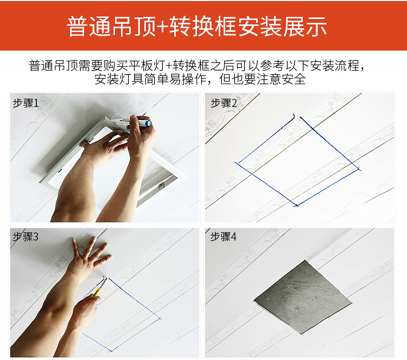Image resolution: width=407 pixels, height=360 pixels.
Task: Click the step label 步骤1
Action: click(x=26, y=103)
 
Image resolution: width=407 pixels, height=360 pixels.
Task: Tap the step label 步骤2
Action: click(x=224, y=103)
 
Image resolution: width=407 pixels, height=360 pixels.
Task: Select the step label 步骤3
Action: click(x=26, y=236)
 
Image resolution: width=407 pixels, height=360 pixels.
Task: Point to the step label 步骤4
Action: click(x=224, y=236)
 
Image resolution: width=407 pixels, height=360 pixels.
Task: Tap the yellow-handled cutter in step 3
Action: click(x=98, y=289)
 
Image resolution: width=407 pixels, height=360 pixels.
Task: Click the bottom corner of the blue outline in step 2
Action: click(x=296, y=206)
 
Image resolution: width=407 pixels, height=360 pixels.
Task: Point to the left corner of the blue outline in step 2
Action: click(x=235, y=162)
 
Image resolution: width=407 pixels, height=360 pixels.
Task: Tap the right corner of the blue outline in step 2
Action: click(x=359, y=169)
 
